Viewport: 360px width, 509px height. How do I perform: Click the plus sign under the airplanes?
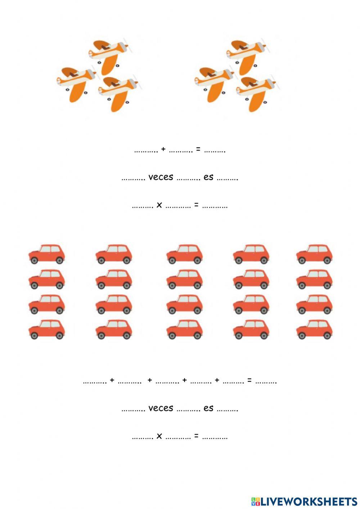pyautogui.click(x=163, y=149)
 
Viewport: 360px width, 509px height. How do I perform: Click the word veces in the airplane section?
pyautogui.click(x=161, y=177)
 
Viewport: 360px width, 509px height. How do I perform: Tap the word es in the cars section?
pyautogui.click(x=208, y=408)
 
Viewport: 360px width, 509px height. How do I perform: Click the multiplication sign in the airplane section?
pyautogui.click(x=159, y=205)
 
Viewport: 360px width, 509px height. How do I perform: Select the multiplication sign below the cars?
pyautogui.click(x=159, y=436)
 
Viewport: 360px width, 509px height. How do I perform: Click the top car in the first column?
pyautogui.click(x=47, y=254)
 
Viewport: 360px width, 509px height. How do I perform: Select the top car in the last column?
pyautogui.click(x=314, y=254)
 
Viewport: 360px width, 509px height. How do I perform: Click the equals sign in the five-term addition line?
pyautogui.click(x=249, y=380)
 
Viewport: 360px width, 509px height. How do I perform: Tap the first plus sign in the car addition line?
pyautogui.click(x=112, y=380)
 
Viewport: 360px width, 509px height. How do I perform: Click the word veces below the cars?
pyautogui.click(x=161, y=408)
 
